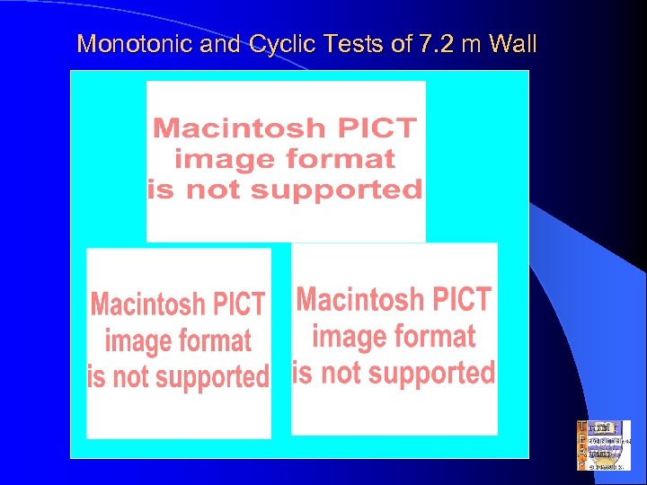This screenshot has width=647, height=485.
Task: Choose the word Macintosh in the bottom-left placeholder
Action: pyautogui.click(x=148, y=304)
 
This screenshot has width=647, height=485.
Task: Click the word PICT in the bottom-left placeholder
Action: pyautogui.click(x=237, y=304)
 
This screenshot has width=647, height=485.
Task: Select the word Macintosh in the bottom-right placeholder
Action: pyautogui.click(x=359, y=299)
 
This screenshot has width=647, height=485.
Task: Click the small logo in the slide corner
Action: pyautogui.click(x=603, y=445)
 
